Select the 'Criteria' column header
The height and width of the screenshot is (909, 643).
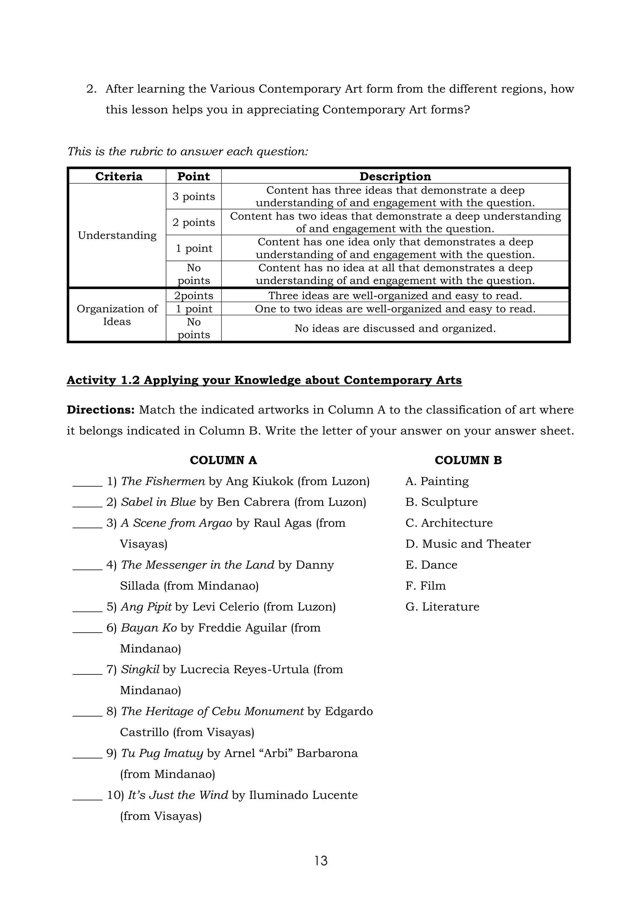point(118,176)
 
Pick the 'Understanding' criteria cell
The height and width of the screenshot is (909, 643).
point(117,235)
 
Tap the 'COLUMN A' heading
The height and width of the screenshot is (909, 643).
point(223,460)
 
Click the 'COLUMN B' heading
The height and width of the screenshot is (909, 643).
point(468,460)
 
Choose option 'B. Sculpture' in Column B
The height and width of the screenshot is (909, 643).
point(441,502)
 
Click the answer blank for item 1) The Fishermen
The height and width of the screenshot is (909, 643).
point(88,483)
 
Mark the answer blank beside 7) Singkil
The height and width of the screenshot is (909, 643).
point(88,671)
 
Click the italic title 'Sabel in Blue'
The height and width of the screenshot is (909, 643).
point(158,502)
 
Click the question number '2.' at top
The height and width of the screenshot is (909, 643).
point(91,89)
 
